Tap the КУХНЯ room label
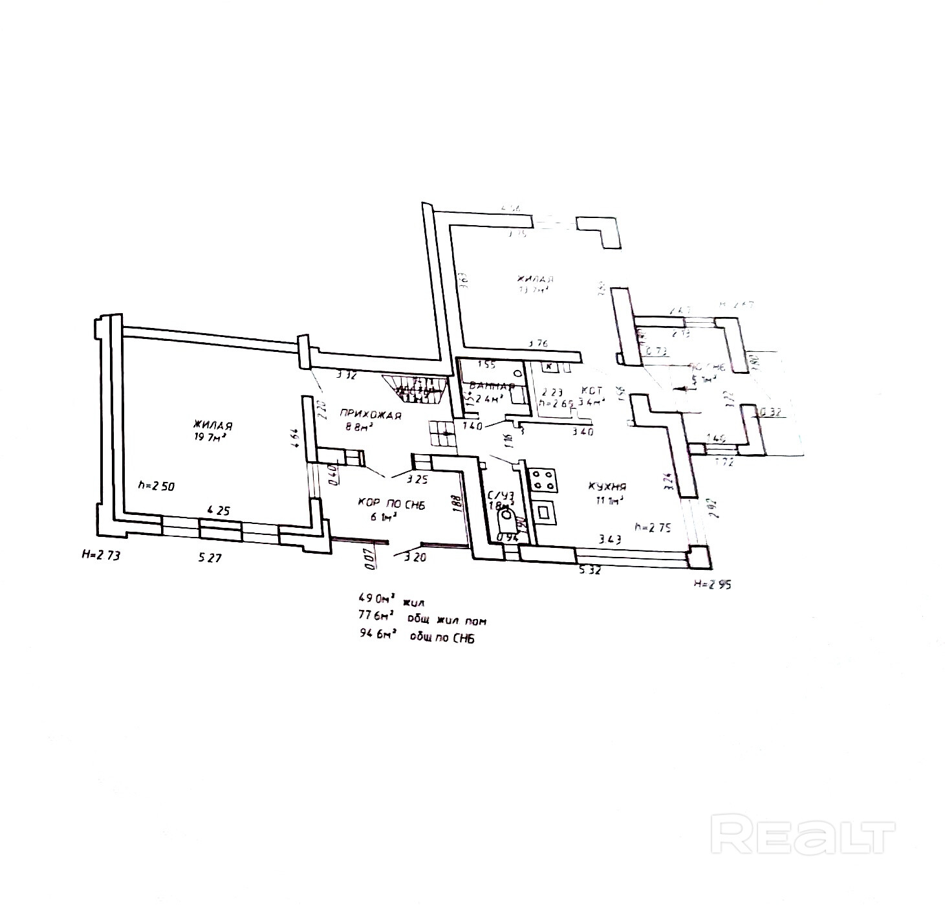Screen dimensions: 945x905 (607, 486)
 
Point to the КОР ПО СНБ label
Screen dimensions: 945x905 (390, 503)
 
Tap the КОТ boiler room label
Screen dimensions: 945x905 (591, 391)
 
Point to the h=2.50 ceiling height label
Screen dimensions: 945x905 (156, 485)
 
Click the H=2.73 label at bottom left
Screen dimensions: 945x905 (100, 554)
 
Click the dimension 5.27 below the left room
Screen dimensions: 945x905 (211, 557)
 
